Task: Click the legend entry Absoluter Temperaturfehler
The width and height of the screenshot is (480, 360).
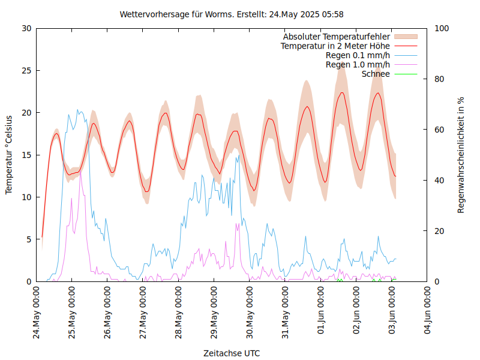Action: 337,37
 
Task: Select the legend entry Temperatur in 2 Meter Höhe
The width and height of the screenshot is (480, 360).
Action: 335,46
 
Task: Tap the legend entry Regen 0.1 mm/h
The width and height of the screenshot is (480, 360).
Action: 358,55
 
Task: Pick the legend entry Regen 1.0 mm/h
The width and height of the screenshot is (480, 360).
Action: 358,64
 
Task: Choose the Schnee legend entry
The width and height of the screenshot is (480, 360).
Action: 376,74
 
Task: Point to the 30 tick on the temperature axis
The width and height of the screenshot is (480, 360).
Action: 26,28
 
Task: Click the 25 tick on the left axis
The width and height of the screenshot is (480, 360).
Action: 26,70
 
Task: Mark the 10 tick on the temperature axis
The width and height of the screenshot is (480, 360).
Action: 26,197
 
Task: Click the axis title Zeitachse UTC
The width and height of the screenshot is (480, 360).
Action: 232,353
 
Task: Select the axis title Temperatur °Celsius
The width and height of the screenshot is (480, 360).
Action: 9,154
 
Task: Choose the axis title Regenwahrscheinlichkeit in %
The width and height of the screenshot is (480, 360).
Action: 461,154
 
